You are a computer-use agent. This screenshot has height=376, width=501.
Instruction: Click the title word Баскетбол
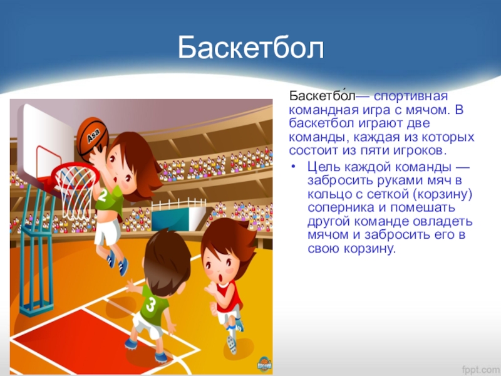coord(251,48)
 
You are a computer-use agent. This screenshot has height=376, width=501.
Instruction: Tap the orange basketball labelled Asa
coord(93,137)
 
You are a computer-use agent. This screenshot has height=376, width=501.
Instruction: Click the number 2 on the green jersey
coord(102,196)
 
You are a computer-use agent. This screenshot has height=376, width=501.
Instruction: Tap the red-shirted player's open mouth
coord(221,278)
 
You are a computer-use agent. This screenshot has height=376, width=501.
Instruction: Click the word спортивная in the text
coord(411,97)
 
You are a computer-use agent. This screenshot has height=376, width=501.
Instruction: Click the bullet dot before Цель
coord(294,167)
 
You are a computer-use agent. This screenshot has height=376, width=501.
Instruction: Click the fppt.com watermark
coord(481,369)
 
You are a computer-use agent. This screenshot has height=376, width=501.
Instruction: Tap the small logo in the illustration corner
coord(264,365)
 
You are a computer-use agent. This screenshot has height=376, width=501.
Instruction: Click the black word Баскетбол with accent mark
coord(322,96)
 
